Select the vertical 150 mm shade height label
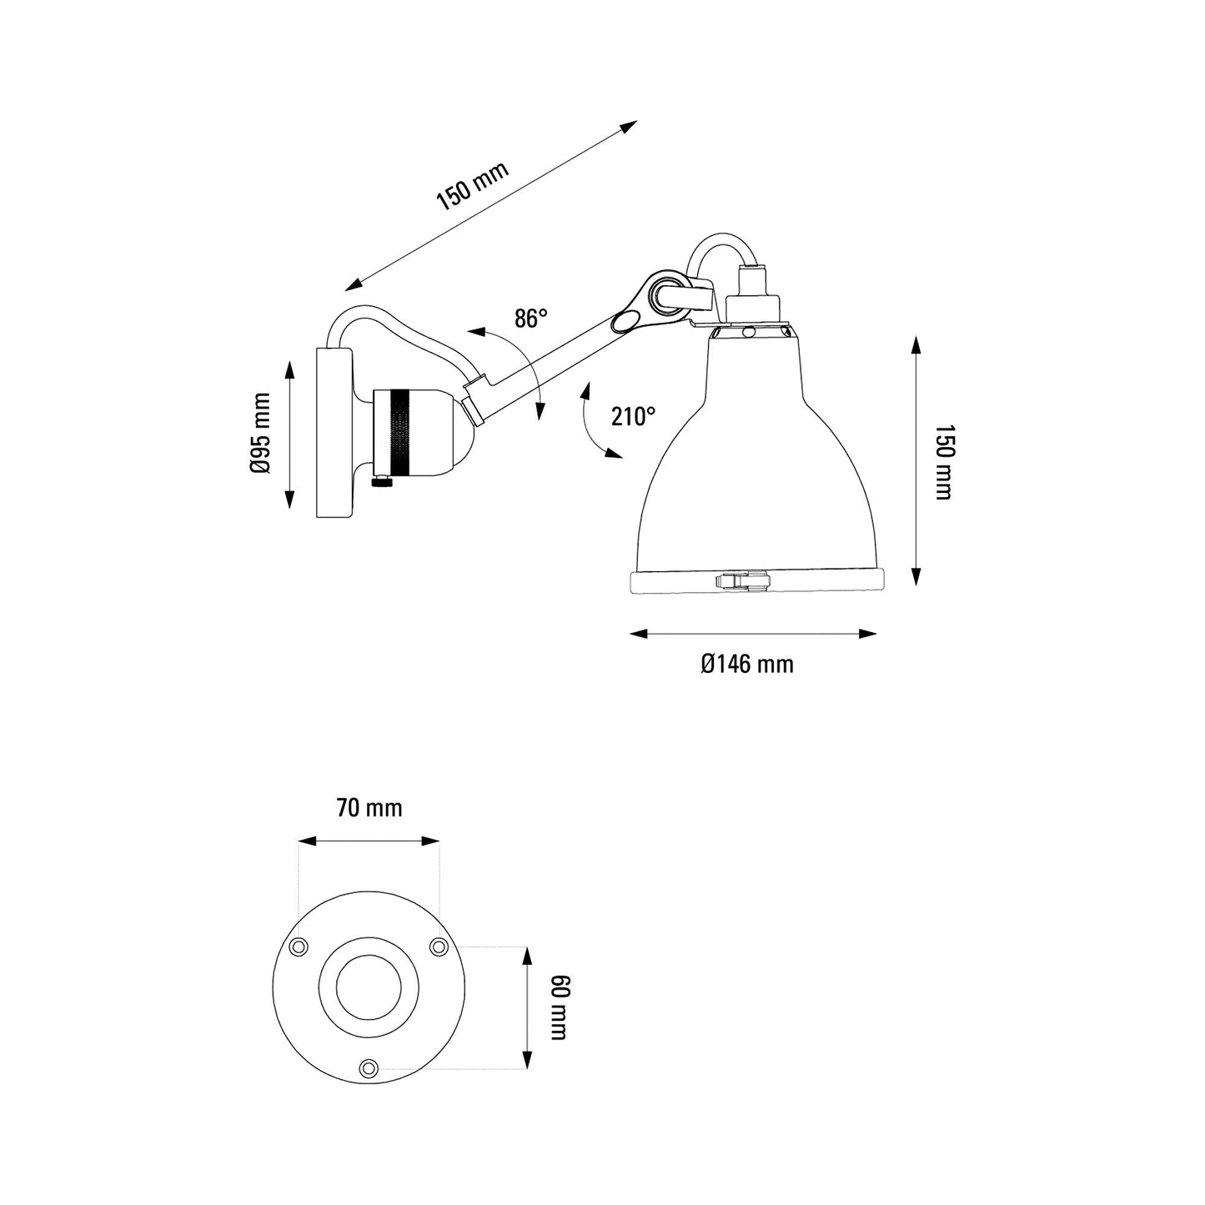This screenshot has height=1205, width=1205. coord(942,462)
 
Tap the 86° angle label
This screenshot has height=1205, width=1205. coord(530,319)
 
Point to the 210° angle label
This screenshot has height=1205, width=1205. coord(633,416)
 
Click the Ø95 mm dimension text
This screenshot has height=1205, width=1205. coord(260,433)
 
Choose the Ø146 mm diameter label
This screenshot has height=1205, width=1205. coord(747,664)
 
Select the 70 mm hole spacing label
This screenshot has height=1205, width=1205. coord(369,808)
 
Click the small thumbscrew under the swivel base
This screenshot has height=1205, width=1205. coord(382,481)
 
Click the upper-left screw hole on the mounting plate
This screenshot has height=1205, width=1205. coord(298,946)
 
